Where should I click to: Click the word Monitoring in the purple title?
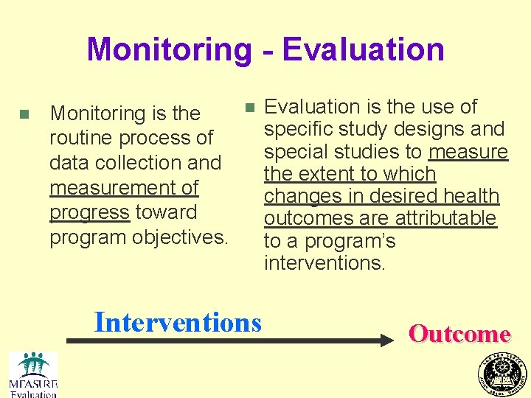(x=169, y=50)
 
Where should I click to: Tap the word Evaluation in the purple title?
(x=363, y=50)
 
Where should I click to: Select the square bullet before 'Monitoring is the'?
(x=24, y=114)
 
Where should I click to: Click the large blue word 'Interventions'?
(x=178, y=322)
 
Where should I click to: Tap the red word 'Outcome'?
(x=459, y=334)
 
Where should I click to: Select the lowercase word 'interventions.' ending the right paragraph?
(x=324, y=263)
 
